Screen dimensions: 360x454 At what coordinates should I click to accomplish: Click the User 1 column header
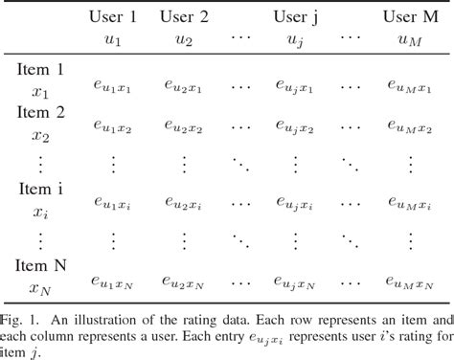pos(113,16)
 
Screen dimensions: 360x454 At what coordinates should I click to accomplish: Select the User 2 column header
pos(184,16)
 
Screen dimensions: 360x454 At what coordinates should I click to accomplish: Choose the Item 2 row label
pos(39,112)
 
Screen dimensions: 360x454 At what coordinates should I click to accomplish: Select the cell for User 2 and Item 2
pos(184,125)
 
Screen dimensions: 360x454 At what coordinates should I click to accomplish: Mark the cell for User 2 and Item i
pos(184,201)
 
